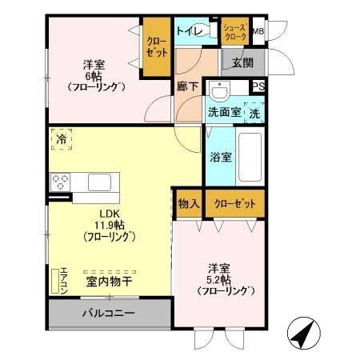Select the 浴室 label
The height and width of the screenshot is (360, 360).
point(221,157)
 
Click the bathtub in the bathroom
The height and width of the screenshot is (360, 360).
point(250,157)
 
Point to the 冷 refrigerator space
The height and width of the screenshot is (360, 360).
point(62,139)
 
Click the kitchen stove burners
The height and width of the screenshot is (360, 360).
point(61,182)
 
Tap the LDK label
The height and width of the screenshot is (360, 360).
point(108,214)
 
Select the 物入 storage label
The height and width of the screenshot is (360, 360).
point(188,204)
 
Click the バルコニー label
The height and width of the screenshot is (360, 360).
point(108,313)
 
